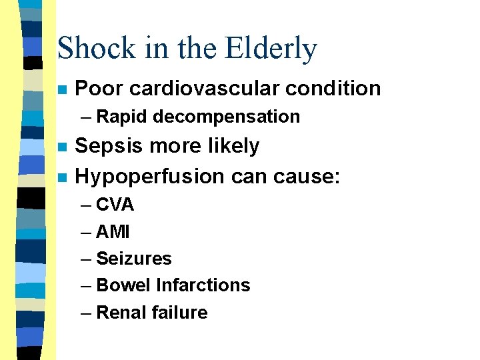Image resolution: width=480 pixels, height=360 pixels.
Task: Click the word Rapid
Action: pos(122,117)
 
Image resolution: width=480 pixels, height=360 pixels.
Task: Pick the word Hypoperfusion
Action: pos(150,176)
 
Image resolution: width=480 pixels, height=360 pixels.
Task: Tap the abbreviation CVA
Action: pos(115,205)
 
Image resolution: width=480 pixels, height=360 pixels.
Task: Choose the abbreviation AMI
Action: pos(113,231)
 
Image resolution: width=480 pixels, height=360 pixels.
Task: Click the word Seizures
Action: pos(133,258)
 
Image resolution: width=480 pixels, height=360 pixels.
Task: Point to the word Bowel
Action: pos(123,285)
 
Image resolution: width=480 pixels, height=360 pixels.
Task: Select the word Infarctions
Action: pos(203,285)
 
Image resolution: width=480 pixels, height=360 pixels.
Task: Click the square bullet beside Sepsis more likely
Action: pos(62,147)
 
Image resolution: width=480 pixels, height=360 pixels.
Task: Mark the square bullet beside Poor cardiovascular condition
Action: pos(62,89)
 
